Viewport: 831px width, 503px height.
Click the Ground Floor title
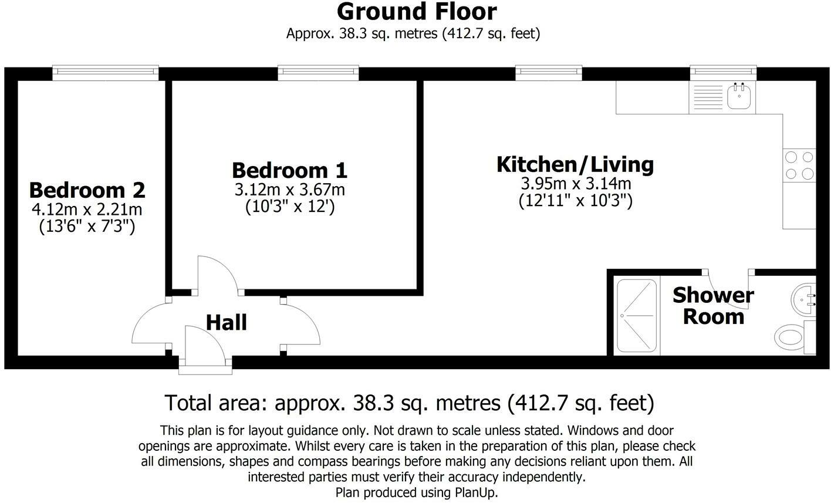[416, 12]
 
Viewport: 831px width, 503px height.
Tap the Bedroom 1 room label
[289, 170]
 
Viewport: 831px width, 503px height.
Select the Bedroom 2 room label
[87, 190]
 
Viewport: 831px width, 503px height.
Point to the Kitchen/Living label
[575, 164]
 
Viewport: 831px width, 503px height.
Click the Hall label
[227, 323]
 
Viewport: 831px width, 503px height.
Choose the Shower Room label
[713, 306]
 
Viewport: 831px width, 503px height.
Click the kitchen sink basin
[740, 96]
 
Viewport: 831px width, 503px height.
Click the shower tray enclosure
[637, 316]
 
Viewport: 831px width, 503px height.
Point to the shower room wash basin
[802, 299]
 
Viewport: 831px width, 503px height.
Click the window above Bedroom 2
[106, 72]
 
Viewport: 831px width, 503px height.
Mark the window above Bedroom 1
[318, 72]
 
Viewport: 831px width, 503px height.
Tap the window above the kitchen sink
[723, 72]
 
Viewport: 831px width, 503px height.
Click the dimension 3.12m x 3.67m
[289, 190]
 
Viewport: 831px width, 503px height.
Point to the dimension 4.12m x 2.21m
[87, 209]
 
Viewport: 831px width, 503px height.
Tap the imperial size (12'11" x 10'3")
[575, 201]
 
